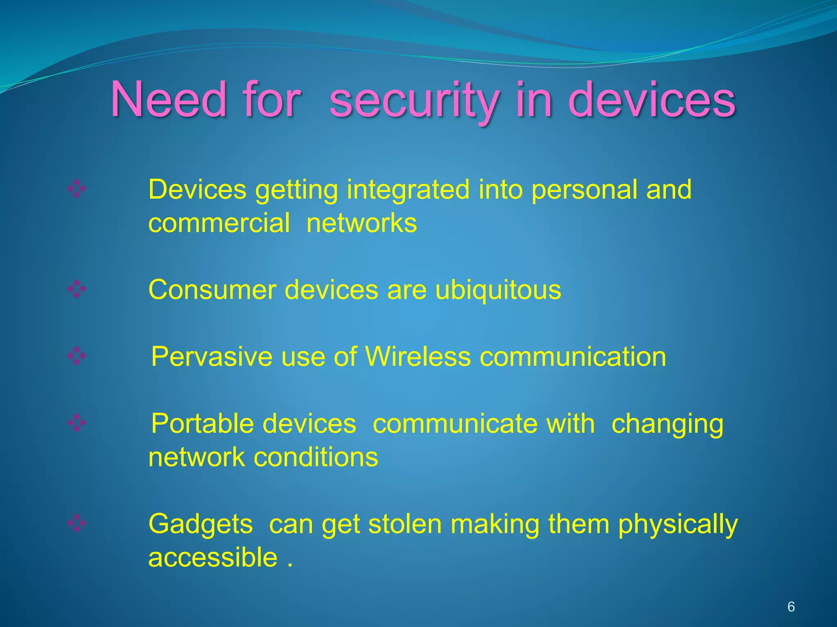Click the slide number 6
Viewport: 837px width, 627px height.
pyautogui.click(x=791, y=607)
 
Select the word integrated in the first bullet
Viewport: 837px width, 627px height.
pyautogui.click(x=408, y=189)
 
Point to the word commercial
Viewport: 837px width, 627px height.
pyautogui.click(x=219, y=223)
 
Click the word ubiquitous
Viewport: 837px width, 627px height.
pyautogui.click(x=498, y=290)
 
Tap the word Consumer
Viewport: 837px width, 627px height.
pyautogui.click(x=212, y=290)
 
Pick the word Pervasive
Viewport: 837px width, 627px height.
pyautogui.click(x=211, y=357)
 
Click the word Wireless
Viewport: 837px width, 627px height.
pyautogui.click(x=418, y=357)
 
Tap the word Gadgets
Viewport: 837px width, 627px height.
pyautogui.click(x=200, y=524)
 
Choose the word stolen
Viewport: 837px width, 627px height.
pyautogui.click(x=405, y=524)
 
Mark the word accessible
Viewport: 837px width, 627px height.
pyautogui.click(x=213, y=558)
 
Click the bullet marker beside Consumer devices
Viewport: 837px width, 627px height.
pyautogui.click(x=76, y=290)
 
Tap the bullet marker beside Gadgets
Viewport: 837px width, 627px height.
pyautogui.click(x=76, y=524)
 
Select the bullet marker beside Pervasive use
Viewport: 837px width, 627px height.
pyautogui.click(x=76, y=356)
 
